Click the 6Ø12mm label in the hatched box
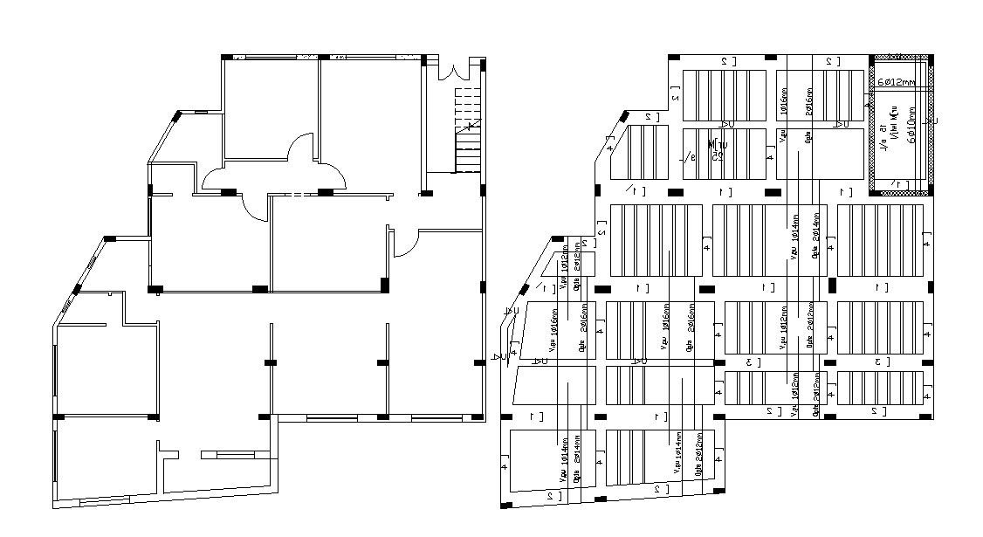tap(896, 82)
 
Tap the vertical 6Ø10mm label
tap(911, 129)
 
